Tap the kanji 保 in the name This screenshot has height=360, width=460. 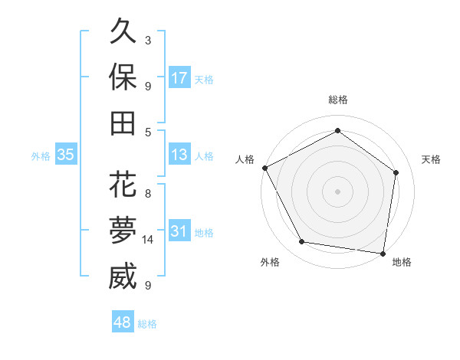pos(123,77)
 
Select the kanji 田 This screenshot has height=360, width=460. pos(123,123)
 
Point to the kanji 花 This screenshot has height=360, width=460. pos(123,185)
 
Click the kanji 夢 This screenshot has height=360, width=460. pos(123,231)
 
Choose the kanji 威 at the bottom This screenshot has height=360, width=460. pos(123,277)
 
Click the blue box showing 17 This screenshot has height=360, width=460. pos(179,78)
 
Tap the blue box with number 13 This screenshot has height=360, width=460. pos(179,155)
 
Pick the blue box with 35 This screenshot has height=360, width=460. pos(65,155)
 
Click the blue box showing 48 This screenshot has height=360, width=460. pos(122,323)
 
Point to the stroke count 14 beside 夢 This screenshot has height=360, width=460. pos(149,240)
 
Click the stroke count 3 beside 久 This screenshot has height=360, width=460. pos(148,40)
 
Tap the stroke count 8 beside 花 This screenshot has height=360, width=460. pos(148,193)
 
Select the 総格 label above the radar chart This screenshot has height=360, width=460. pos(338,100)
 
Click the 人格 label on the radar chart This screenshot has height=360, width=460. pos(245,159)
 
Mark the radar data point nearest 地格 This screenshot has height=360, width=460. pos(383,253)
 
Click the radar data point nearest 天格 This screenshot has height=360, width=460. pos(396,172)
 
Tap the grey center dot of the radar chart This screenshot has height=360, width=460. pos(338,191)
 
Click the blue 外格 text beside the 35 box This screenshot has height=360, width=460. pos(41,156)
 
